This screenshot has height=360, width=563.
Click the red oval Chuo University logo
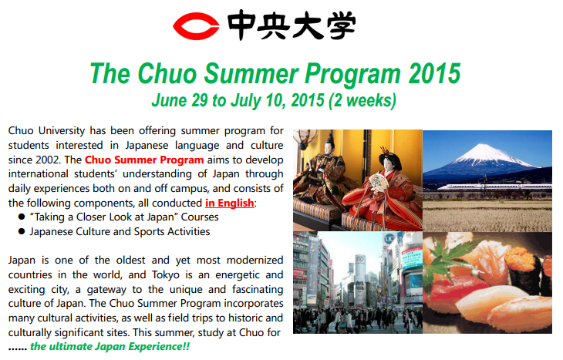[196, 26]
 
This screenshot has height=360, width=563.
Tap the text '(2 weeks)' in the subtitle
[362, 100]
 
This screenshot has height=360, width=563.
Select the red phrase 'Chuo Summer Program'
[144, 160]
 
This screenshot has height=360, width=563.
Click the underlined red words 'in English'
[229, 204]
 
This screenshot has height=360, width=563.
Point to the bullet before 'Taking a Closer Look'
[22, 217]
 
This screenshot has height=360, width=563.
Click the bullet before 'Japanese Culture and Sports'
[22, 231]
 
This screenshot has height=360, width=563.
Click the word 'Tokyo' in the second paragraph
[166, 275]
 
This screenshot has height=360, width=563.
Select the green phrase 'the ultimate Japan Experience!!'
[110, 347]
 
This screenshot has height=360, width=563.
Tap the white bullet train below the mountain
[494, 187]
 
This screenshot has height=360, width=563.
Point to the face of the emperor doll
[329, 147]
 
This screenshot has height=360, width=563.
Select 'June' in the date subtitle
[169, 100]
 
